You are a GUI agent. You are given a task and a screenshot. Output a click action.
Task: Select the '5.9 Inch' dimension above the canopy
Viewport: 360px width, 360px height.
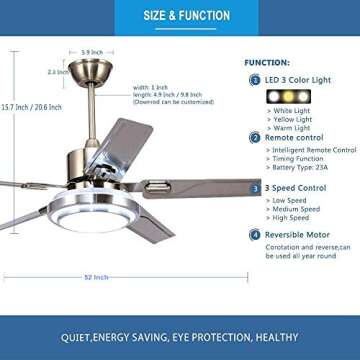click(91, 52)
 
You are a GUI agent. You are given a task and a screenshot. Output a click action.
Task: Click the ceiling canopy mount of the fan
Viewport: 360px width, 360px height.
click(90, 72)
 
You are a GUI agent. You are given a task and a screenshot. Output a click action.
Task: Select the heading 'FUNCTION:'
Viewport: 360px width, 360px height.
click(266, 62)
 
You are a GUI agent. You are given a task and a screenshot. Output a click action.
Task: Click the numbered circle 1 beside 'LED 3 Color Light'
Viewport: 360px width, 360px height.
click(255, 79)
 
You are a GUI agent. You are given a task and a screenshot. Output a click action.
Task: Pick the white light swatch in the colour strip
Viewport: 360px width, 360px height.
click(274, 96)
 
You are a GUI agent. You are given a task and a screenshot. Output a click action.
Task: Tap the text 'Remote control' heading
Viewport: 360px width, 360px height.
click(293, 137)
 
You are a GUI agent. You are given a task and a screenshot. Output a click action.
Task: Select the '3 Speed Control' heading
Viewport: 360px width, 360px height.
click(295, 187)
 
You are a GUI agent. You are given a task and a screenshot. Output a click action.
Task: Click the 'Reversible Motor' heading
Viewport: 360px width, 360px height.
click(298, 235)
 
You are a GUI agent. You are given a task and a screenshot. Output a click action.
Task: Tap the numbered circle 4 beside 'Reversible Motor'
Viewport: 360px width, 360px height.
click(255, 235)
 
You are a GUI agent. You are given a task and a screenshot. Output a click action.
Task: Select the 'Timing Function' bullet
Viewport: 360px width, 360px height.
click(297, 158)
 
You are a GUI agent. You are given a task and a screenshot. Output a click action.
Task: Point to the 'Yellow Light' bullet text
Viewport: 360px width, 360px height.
click(292, 119)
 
